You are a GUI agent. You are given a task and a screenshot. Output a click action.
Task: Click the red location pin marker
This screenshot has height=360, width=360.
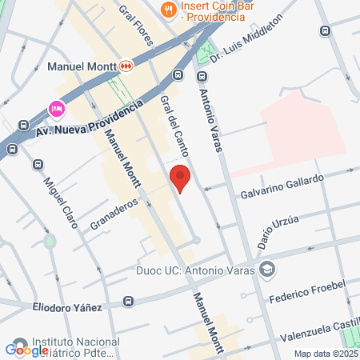180,178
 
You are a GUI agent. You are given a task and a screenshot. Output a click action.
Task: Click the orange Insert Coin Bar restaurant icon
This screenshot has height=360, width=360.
168,10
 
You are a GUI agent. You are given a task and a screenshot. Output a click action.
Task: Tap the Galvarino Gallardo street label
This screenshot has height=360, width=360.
282,186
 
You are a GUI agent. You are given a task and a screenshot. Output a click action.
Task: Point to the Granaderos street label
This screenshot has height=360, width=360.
114,214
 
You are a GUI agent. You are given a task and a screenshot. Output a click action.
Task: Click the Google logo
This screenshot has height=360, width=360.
26,350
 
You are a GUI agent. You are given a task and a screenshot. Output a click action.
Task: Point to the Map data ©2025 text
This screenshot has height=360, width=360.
325,354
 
